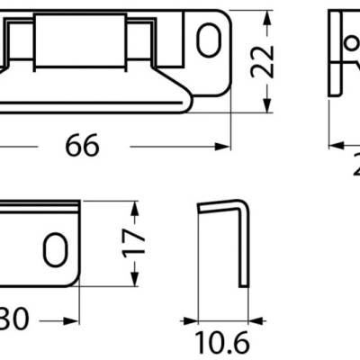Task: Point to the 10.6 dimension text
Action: coord(219,344)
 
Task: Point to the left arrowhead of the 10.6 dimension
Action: coord(187,319)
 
